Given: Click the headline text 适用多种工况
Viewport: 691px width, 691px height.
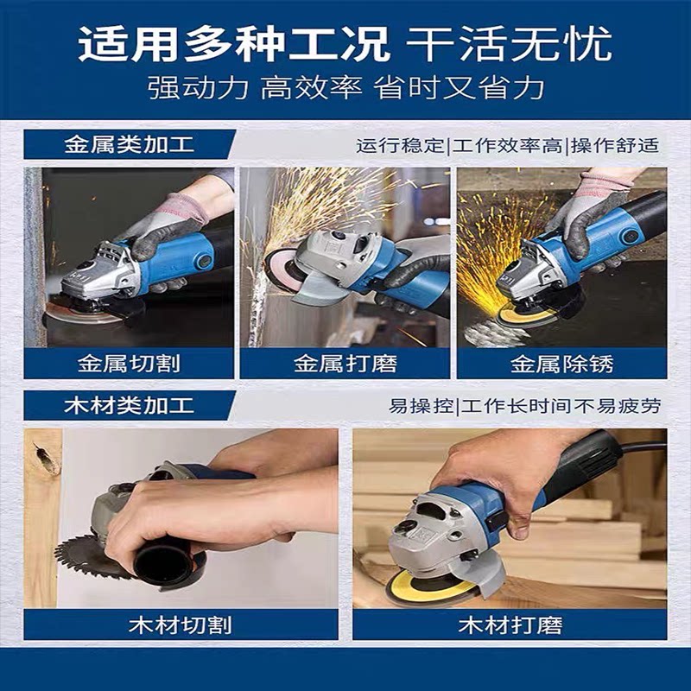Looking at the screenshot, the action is [x=234, y=45].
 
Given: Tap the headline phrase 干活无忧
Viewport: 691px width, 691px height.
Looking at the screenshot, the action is [x=510, y=45].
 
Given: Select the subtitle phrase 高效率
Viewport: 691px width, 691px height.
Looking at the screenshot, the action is [x=312, y=87].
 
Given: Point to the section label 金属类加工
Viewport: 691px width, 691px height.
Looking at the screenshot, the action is [x=130, y=144].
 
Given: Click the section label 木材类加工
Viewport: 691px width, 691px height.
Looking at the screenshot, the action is [x=129, y=405].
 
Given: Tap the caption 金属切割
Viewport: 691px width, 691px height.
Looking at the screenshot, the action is [x=129, y=364].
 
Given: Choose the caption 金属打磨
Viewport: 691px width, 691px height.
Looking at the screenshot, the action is [x=345, y=364].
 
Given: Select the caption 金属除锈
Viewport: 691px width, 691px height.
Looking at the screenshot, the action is [x=562, y=364].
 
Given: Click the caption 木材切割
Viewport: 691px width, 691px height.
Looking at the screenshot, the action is [x=181, y=624].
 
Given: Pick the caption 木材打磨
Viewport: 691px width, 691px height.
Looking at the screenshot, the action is [x=510, y=624].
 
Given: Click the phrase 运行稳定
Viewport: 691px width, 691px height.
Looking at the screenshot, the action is [x=401, y=145].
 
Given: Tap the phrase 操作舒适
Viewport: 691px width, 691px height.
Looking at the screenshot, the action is [x=615, y=145].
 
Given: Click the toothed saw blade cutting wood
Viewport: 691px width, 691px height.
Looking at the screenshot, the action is [x=88, y=556].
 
